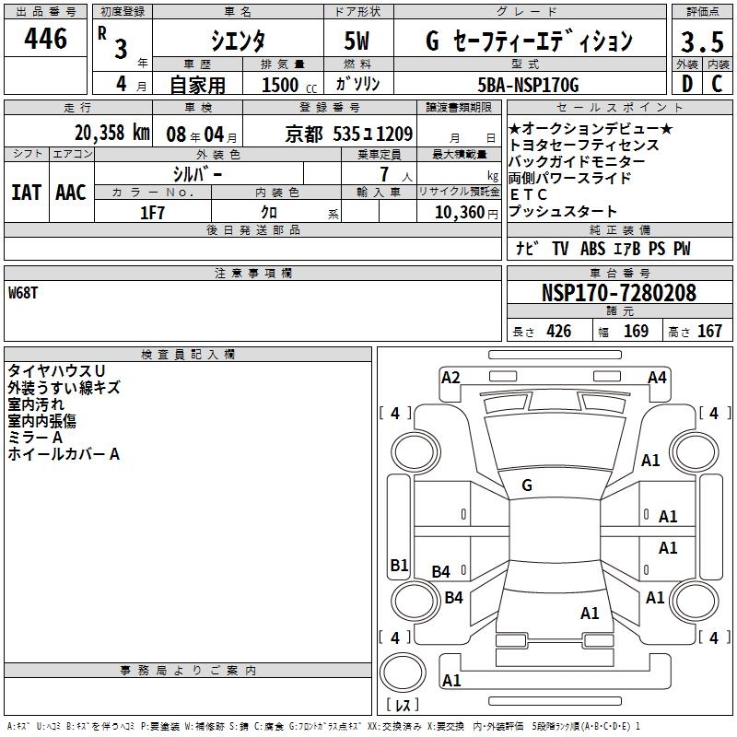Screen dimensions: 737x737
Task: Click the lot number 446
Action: [45, 38]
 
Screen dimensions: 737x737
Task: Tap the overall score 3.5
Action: [702, 41]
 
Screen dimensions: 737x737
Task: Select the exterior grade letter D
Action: [687, 84]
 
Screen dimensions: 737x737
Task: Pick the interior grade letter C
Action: [717, 84]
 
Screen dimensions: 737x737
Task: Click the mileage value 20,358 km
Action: [111, 133]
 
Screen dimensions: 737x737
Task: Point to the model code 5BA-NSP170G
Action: [528, 85]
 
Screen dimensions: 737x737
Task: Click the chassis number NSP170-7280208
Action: [618, 292]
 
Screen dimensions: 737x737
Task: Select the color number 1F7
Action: [152, 213]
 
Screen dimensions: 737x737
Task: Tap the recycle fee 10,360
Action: [460, 213]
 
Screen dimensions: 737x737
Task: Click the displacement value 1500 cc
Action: [289, 85]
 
